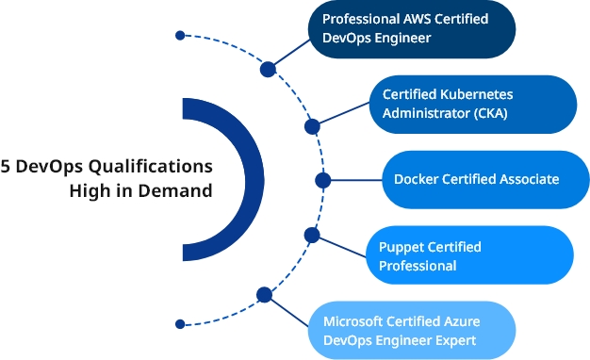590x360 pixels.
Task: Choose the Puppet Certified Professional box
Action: [468, 255]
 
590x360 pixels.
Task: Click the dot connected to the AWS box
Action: [268, 68]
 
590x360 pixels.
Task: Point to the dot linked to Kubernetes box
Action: [312, 125]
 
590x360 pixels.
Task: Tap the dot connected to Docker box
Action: [322, 179]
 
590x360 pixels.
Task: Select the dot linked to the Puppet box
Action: [312, 234]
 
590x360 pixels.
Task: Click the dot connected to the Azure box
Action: [265, 295]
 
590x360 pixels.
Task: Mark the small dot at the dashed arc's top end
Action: [179, 36]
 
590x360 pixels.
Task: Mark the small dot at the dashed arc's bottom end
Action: [179, 323]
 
